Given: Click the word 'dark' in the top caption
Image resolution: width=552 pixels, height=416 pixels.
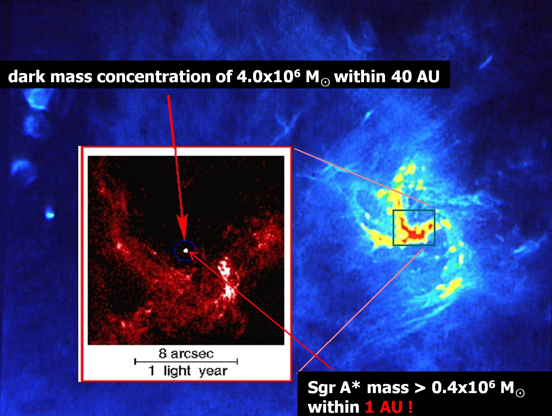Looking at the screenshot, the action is tap(27, 77).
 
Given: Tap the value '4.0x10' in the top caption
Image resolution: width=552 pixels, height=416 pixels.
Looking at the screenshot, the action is tap(265, 77).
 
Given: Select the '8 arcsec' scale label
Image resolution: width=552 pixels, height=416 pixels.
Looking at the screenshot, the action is tap(186, 353).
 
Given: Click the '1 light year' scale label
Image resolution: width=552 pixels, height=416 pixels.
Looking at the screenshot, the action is tap(188, 371).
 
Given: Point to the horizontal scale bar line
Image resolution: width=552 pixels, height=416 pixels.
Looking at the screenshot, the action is tap(186, 362).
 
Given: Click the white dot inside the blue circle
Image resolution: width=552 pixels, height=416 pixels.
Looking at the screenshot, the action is tap(186, 250).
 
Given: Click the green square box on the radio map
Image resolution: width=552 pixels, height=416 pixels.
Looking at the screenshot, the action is tap(414, 210).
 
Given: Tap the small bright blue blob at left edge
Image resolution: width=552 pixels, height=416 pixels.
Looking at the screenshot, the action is tap(49, 214).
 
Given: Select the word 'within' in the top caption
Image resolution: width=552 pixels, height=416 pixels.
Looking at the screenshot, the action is tap(360, 77).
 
